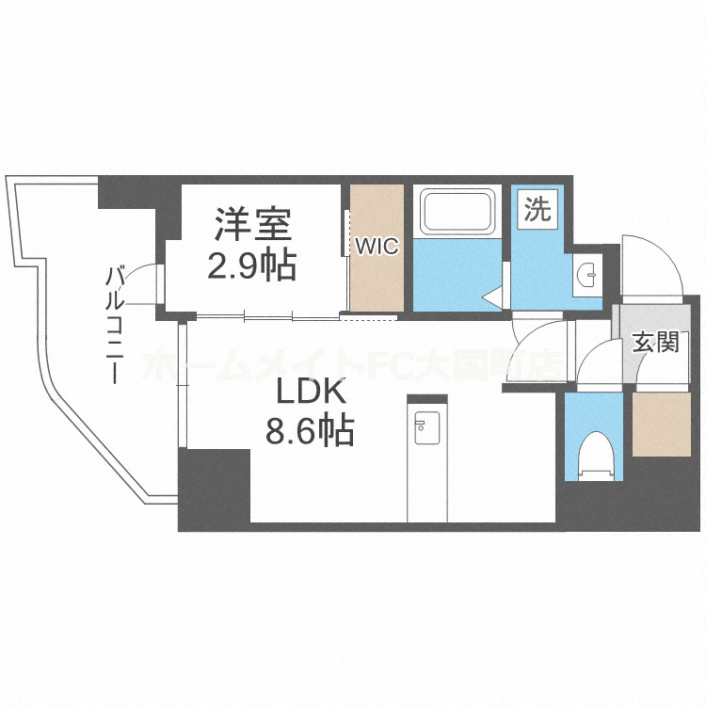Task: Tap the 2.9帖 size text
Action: [x=251, y=265]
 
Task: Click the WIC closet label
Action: [x=377, y=247]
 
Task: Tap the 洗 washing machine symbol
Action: [x=537, y=210]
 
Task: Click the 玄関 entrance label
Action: [x=654, y=343]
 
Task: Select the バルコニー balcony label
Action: [x=116, y=325]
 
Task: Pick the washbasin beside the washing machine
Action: [x=586, y=275]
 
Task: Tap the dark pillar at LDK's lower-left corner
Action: [x=214, y=489]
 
